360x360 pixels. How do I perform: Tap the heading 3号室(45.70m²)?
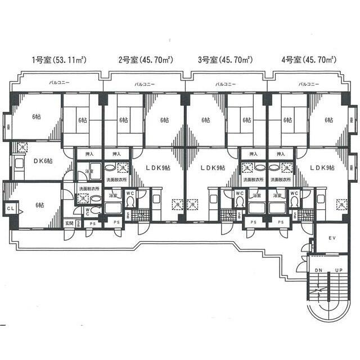point(225,58)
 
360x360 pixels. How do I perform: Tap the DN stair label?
point(319,270)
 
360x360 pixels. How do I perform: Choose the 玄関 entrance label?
point(68,224)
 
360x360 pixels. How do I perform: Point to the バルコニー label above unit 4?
point(309,84)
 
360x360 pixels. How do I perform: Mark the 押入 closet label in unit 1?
point(89,153)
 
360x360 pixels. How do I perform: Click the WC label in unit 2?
point(129,193)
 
